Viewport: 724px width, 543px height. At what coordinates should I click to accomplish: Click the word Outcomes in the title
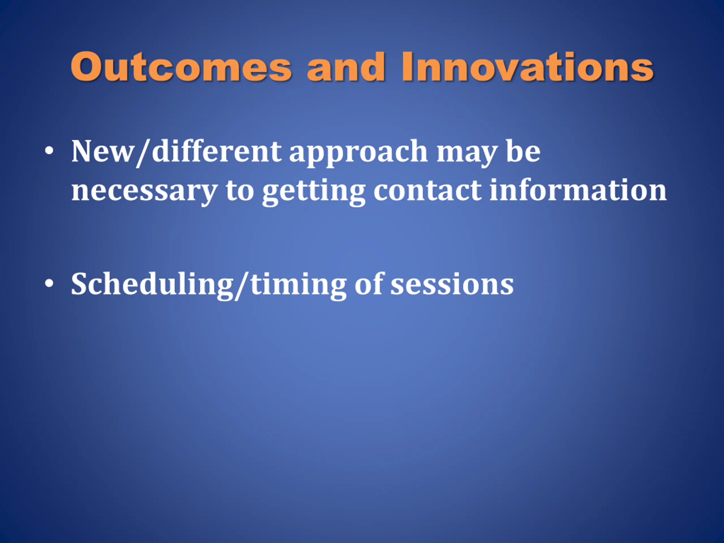click(x=181, y=67)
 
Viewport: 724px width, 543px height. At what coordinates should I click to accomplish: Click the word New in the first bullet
click(x=103, y=151)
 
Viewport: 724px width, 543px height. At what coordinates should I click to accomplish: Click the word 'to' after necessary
click(x=240, y=190)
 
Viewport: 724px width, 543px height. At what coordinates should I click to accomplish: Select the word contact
click(x=427, y=190)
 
